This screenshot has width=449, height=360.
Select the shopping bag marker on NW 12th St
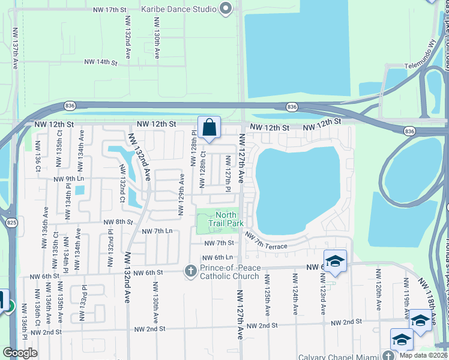point(209,128)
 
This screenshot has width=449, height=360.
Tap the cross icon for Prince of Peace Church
point(191,271)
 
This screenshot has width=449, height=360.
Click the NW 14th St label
point(99,62)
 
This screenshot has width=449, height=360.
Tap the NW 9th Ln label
point(68,179)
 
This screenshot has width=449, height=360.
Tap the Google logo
point(20,353)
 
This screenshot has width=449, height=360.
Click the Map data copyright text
point(423,356)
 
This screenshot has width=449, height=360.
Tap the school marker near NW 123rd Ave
point(335,261)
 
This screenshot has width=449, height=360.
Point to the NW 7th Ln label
point(157,231)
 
